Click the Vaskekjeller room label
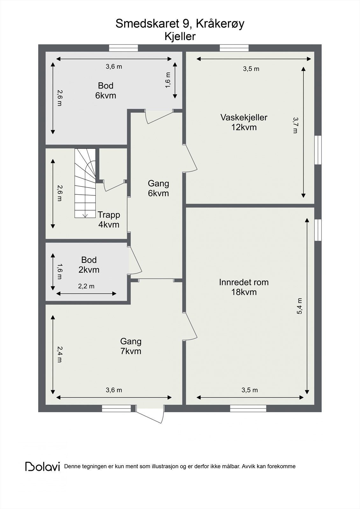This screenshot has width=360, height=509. [x=244, y=117]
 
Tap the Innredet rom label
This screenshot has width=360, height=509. [x=244, y=282]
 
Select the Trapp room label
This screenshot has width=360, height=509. [x=109, y=215]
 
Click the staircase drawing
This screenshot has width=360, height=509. [x=85, y=183]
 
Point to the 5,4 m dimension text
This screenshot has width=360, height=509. [x=300, y=306]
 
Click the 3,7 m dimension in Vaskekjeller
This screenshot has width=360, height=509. [x=295, y=125]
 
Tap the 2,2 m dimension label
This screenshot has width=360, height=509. [x=86, y=286]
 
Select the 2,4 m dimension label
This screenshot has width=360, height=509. [x=60, y=354]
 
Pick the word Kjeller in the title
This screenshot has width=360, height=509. [x=180, y=36]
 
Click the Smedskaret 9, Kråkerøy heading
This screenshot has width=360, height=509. [x=180, y=24]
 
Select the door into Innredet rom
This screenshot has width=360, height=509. [x=190, y=326]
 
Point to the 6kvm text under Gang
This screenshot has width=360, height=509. [x=158, y=193]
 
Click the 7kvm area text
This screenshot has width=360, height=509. [x=131, y=351]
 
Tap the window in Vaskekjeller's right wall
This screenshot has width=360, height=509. [x=318, y=150]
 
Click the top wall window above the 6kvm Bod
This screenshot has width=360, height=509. [x=124, y=48]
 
